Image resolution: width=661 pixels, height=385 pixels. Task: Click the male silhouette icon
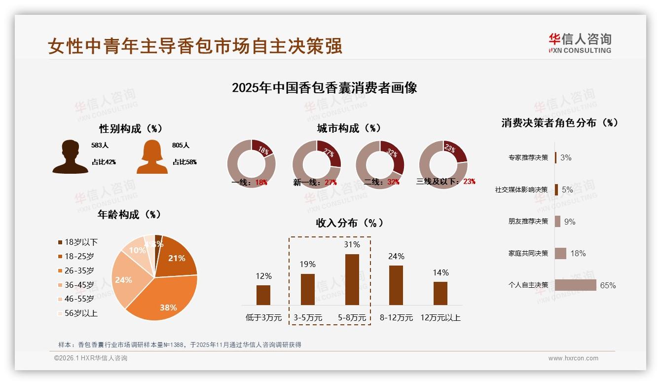click(70, 156)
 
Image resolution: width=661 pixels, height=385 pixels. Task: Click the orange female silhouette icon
click(152, 156)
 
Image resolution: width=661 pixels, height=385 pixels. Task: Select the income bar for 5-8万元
click(352, 279)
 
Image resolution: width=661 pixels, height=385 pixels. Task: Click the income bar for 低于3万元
click(263, 295)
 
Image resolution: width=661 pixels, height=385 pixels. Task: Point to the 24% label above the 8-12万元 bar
click(396, 256)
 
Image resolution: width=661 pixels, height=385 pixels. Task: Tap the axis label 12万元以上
click(440, 317)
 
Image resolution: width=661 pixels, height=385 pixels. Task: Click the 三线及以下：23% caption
click(445, 181)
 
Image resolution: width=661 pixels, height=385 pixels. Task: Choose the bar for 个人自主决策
click(575, 285)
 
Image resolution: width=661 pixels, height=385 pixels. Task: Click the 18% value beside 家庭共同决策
click(578, 253)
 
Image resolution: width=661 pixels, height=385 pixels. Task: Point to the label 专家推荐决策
click(528, 157)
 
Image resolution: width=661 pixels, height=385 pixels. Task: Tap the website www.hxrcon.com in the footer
click(573, 358)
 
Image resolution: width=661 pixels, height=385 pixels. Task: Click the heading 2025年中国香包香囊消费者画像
click(324, 88)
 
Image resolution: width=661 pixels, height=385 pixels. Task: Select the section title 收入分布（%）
click(349, 223)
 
